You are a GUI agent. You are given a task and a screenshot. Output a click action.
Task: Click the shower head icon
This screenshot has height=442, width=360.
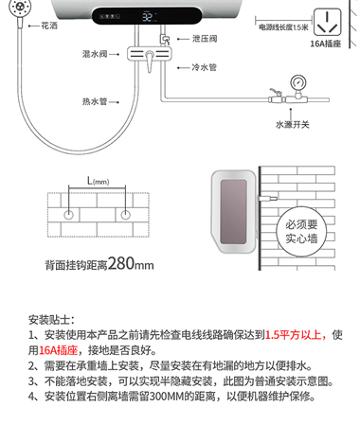click(16, 7)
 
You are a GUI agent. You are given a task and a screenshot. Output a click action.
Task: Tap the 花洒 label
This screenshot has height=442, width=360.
click(49, 26)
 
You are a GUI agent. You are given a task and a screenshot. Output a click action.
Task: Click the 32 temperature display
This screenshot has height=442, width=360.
click(147, 17)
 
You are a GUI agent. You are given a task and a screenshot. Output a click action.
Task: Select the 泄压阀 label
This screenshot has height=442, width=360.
click(205, 39)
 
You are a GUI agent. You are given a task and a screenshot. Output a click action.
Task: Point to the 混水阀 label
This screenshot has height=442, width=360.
click(95, 54)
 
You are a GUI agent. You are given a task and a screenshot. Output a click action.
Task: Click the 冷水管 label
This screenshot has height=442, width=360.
click(205, 67)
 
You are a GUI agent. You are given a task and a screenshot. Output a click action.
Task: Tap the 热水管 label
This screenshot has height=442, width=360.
click(95, 101)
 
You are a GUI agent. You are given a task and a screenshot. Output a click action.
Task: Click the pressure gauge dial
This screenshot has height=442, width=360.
click(297, 82)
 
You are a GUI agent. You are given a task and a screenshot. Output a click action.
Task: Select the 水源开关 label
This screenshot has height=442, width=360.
click(293, 125)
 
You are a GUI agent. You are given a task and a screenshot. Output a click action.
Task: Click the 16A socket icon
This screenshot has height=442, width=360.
click(328, 22)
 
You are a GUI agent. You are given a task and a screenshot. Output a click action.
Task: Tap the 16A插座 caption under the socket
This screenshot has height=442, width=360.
click(326, 44)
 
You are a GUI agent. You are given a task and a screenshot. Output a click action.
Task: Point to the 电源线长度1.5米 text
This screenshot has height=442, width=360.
click(283, 27)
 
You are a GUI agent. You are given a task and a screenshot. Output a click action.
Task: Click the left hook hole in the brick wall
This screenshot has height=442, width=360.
click(68, 215)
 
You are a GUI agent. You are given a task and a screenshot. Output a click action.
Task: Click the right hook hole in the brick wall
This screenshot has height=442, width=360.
click(125, 215)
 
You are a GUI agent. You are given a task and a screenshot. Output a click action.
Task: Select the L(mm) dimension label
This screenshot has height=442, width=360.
click(99, 181)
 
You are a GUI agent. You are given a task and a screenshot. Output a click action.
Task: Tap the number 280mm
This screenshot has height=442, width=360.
click(131, 263)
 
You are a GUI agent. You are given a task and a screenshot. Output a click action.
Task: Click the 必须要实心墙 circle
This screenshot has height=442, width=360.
click(301, 231)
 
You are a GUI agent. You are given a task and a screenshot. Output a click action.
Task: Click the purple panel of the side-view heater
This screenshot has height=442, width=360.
click(233, 212)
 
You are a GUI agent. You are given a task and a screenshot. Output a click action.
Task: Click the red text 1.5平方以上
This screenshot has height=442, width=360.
click(293, 335)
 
